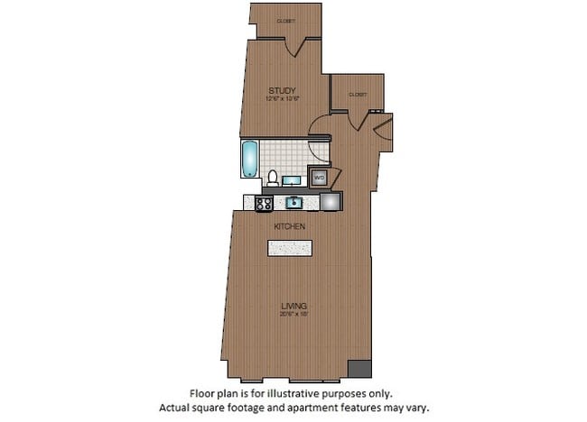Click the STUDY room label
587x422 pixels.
point(283,89)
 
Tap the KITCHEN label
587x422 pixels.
point(290,227)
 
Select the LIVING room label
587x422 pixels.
point(291,306)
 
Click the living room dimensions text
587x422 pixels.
point(291,315)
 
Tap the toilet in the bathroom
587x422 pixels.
point(272,176)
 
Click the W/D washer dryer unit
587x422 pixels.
point(318,177)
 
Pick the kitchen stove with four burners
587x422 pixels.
point(266,203)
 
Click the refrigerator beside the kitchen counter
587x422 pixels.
point(330,202)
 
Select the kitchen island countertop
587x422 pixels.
point(290,247)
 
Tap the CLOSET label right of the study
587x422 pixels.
point(358,94)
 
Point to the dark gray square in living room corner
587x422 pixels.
point(359,369)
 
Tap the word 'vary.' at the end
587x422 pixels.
point(414,408)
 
